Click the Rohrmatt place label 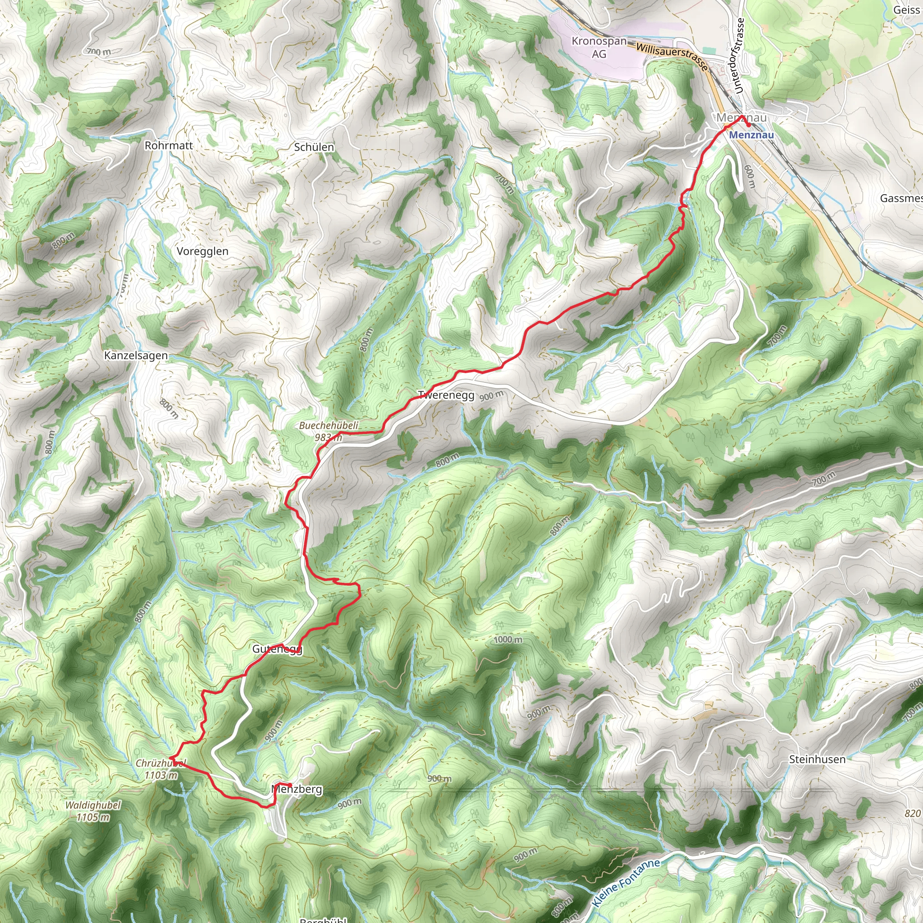coord(169,145)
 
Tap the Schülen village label coord(314,147)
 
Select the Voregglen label coord(202,251)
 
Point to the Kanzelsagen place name coord(136,356)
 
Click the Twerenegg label coord(446,395)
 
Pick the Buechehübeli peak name coord(329,425)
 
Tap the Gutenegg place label coord(277,649)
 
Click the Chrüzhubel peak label coord(160,763)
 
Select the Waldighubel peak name coord(93,805)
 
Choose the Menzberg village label coord(297,789)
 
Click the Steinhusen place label coord(817,759)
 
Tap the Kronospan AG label coord(599,47)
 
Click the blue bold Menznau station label coord(751,135)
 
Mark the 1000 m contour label coord(508,639)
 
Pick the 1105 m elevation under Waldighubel coord(93,818)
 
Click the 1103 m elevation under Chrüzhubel coord(160,775)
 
